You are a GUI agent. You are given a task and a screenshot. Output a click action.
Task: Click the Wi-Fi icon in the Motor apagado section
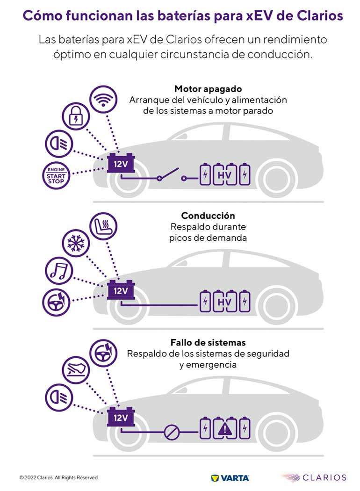click(103, 98)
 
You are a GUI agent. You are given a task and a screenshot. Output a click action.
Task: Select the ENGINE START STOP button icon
click(56, 175)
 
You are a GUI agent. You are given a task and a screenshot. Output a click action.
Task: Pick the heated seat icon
click(103, 226)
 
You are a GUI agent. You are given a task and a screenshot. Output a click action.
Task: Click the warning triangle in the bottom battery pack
click(225, 428)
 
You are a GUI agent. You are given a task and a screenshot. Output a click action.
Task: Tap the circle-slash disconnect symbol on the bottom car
click(171, 433)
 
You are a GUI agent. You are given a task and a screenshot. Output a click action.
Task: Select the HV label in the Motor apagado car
click(225, 176)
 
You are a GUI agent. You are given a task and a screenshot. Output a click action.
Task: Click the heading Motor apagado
click(208, 89)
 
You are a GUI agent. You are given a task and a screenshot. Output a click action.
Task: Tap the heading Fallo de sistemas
click(208, 343)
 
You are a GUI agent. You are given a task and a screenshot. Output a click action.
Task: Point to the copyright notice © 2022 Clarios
click(59, 478)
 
